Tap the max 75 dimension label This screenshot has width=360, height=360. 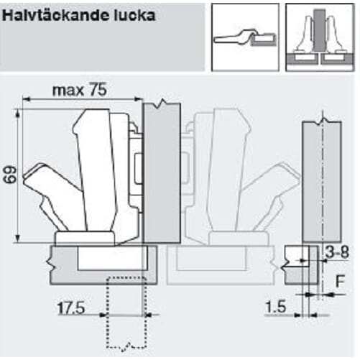point(80,90)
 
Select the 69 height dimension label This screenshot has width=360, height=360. point(10,175)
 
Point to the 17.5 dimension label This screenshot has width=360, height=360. point(71,308)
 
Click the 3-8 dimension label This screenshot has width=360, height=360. point(337,251)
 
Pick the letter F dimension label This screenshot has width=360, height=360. point(340,281)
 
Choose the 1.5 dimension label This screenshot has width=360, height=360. point(276,307)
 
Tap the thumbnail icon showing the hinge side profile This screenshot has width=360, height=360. point(245,37)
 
